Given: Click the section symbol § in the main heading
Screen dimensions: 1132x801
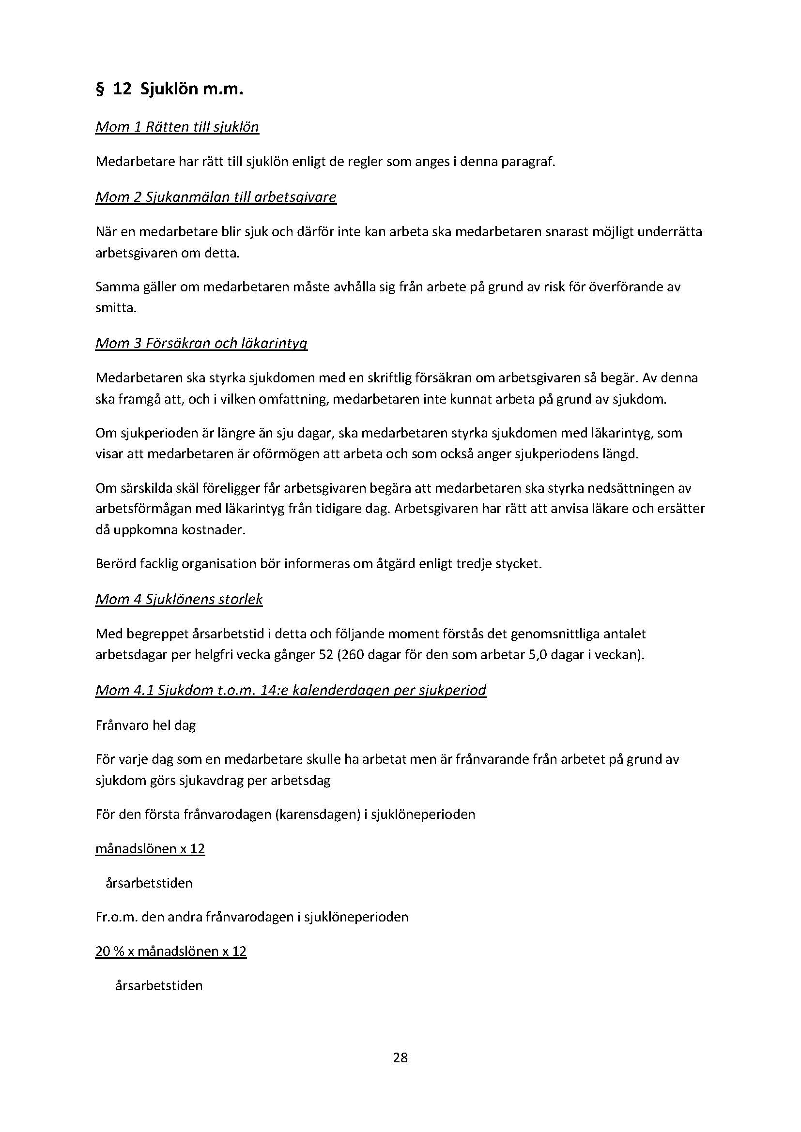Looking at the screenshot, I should tap(100, 90).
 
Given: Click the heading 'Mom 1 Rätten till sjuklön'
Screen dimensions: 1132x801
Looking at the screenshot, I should tap(177, 127).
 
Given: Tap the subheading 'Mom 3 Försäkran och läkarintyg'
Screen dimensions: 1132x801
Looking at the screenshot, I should tap(201, 343).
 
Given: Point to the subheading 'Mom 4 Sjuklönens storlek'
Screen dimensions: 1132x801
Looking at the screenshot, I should tap(179, 599).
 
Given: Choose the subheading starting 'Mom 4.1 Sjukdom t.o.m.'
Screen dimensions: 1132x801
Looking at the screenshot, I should tap(291, 690).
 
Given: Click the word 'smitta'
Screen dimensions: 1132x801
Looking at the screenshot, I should tap(115, 308).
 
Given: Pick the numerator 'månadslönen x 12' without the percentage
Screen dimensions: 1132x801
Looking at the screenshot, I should tap(150, 848).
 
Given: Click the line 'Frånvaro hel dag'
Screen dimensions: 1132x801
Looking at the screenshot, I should tap(145, 725).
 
